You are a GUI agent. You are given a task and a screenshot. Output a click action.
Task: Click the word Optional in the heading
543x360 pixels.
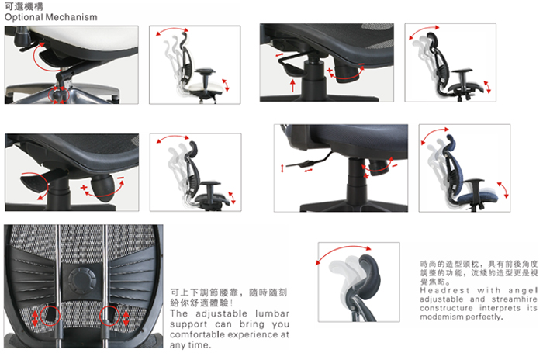[x=24, y=17]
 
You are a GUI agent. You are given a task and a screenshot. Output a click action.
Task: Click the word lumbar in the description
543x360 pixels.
[x=271, y=313]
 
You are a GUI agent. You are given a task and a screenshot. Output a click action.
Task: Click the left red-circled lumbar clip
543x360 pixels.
[x=50, y=315]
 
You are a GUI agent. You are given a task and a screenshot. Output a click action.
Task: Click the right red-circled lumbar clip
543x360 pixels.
[x=109, y=315]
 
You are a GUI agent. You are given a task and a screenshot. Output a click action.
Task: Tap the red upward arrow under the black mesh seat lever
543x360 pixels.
[x=292, y=85]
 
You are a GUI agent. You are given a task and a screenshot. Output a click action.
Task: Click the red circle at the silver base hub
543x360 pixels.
[x=58, y=95]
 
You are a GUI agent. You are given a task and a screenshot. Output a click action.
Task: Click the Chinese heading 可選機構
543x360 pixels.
[x=24, y=6]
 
